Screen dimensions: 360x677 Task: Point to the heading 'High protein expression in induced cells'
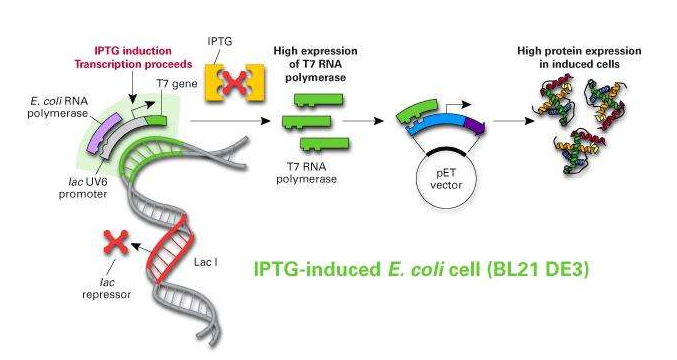click(x=567, y=57)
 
